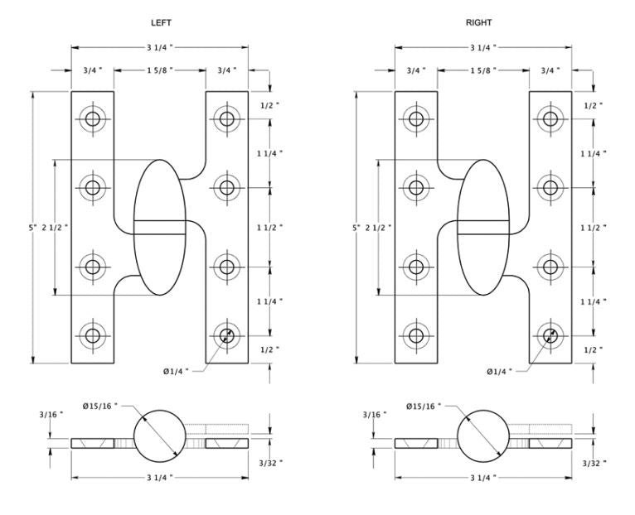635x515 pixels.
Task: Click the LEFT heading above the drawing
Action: point(161,22)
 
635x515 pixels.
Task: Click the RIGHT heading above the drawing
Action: point(478,22)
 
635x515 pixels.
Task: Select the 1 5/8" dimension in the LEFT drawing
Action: point(160,70)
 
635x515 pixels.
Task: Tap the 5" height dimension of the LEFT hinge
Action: point(32,228)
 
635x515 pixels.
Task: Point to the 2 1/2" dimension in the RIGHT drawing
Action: point(378,228)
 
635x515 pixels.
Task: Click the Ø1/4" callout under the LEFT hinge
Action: point(177,371)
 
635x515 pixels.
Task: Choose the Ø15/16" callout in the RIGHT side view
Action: point(424,406)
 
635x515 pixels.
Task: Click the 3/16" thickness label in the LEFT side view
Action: point(51,414)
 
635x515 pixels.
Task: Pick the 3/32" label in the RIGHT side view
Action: point(594,463)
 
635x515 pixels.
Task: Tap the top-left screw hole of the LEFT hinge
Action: point(93,119)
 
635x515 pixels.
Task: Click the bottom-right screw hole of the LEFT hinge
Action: point(227,335)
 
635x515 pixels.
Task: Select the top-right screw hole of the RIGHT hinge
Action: point(550,119)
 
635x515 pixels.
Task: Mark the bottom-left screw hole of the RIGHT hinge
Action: point(416,335)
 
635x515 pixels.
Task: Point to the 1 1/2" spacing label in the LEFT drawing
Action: point(269,228)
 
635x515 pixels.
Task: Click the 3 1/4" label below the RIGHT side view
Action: point(483,478)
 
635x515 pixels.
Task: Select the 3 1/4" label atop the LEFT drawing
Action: point(160,47)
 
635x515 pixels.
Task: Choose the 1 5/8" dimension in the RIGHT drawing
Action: point(483,70)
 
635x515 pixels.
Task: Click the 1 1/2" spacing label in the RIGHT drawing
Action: point(594,228)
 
